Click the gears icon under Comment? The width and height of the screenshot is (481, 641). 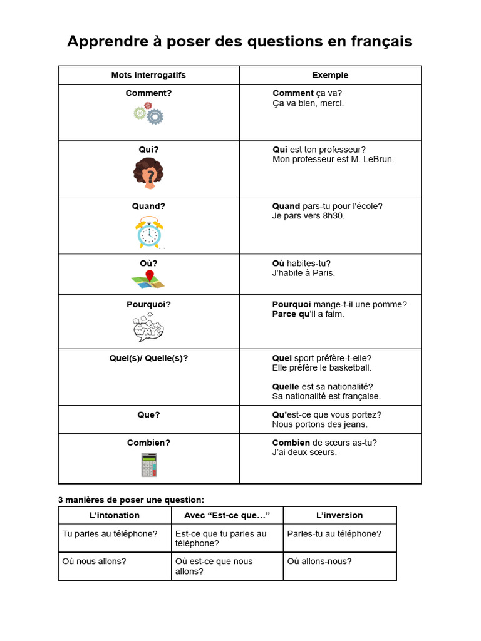pos(148,113)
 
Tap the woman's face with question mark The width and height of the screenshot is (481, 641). pos(148,173)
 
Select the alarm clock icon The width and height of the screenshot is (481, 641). pos(149,232)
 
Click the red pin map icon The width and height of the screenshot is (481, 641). pos(148,279)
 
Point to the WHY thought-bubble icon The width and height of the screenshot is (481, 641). pos(148,327)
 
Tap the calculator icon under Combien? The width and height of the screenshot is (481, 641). pos(149,465)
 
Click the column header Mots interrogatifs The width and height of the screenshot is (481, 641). pos(148,75)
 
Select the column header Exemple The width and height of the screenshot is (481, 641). pos(330,75)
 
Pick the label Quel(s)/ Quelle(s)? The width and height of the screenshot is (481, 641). pos(148,358)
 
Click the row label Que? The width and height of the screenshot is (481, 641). pos(148,414)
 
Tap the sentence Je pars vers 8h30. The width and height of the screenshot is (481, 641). pos(308,216)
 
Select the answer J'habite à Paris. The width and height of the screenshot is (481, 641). pos(304,273)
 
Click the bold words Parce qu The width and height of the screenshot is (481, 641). pos(290,314)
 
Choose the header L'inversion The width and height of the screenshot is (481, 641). pos(339,515)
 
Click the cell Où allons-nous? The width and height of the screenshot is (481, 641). pos(319,562)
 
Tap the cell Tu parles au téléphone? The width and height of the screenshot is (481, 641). pos(110,534)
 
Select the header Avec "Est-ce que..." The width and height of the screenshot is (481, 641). pos(227,515)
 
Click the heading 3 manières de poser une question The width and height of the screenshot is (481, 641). pos(131,500)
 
